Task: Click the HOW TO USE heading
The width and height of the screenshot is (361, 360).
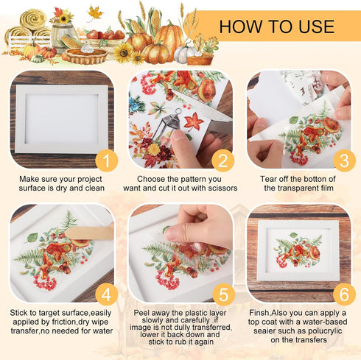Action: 276,27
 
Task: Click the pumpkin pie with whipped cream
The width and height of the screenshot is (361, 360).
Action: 85,53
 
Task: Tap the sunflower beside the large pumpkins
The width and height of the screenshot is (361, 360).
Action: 123,52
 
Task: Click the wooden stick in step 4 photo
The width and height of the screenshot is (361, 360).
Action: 88,235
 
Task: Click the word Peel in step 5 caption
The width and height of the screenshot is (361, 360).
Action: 144,311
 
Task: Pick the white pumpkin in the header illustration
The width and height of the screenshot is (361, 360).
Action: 183,54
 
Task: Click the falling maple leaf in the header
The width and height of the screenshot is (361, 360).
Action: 95,12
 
